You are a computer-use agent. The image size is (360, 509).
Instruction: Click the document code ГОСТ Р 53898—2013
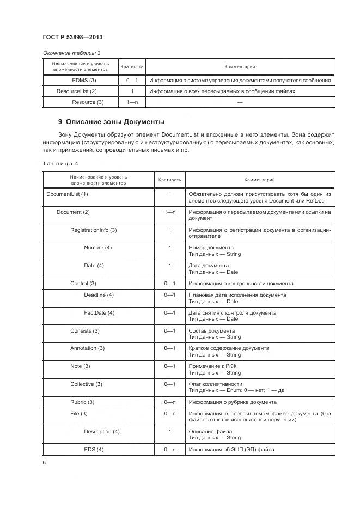72,37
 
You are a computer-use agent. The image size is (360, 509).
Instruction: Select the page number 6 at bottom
44,462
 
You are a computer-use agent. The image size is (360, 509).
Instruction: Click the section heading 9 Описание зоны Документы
111,121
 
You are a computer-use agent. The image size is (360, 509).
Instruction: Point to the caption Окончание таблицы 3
71,53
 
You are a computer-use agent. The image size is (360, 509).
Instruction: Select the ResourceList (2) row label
76,91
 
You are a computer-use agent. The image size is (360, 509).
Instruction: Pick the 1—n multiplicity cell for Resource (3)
131,102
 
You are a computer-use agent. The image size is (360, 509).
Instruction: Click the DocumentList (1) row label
67,194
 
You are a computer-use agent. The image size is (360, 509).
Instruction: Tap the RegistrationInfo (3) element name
93,230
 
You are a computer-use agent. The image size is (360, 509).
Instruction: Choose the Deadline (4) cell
99,295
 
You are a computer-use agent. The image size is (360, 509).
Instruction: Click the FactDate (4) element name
99,312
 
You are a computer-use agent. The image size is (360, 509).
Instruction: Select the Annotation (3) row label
87,348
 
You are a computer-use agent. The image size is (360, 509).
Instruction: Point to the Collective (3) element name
86,384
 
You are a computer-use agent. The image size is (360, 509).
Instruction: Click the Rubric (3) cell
82,402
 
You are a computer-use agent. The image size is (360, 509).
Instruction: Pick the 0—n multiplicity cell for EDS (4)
169,449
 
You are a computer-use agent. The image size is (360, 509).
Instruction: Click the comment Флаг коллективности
215,384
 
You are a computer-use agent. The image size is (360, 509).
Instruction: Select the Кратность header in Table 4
169,180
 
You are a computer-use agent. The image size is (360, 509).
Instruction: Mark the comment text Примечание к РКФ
212,366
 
